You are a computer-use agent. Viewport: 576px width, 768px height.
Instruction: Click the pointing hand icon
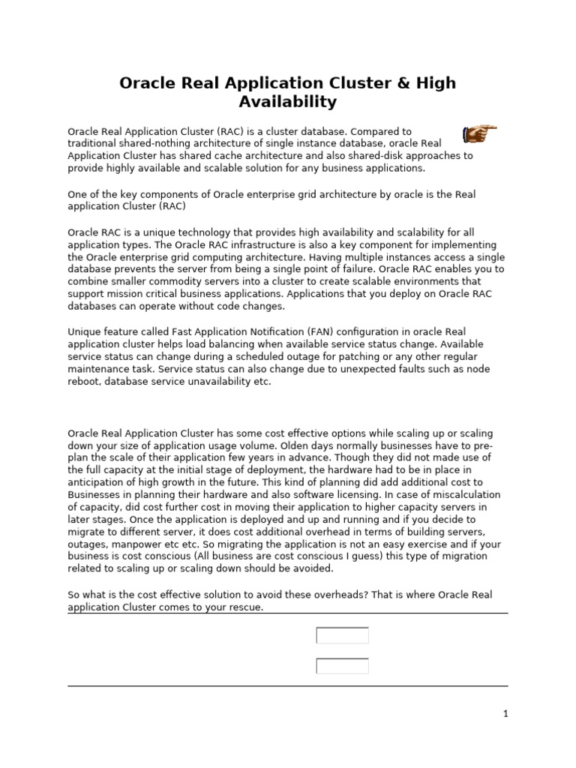(479, 134)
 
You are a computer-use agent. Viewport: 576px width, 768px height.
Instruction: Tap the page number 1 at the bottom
(505, 714)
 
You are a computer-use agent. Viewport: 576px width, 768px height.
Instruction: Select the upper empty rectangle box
(342, 635)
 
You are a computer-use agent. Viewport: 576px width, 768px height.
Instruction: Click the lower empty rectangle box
(342, 666)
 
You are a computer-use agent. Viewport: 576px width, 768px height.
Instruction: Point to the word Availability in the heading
(288, 101)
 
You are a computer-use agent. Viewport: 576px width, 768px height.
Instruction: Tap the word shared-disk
(358, 156)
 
